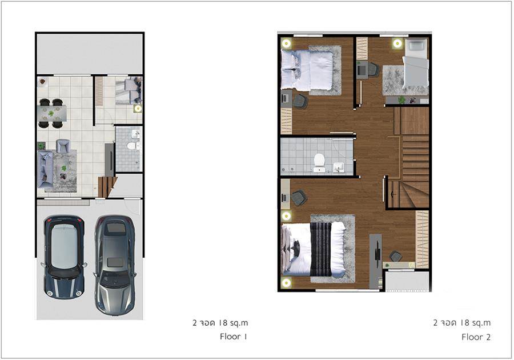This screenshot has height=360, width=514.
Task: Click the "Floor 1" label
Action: click(x=234, y=337)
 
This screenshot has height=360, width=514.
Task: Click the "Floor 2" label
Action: click(x=476, y=337)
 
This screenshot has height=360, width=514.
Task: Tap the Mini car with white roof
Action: click(x=64, y=257)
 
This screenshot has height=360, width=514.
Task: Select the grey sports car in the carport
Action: click(x=115, y=265)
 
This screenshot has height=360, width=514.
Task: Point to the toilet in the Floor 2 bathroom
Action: click(x=319, y=162)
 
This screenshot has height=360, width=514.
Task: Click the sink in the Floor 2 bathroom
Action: click(x=339, y=167)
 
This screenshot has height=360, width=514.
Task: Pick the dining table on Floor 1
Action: click(x=52, y=114)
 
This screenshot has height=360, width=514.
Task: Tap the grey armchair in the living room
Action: click(x=63, y=146)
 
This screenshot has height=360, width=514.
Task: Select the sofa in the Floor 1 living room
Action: click(x=45, y=169)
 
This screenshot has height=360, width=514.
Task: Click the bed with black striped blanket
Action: click(x=314, y=249)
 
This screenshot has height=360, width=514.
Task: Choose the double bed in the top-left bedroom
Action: click(x=307, y=70)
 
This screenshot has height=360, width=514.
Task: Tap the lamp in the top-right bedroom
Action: click(x=397, y=43)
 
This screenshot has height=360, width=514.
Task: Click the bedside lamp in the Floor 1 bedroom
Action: click(x=138, y=109)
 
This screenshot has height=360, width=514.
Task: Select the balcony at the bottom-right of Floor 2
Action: click(x=407, y=281)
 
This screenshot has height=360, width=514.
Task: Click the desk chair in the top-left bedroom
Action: click(x=300, y=101)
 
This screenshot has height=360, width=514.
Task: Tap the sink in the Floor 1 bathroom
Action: click(x=136, y=134)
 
